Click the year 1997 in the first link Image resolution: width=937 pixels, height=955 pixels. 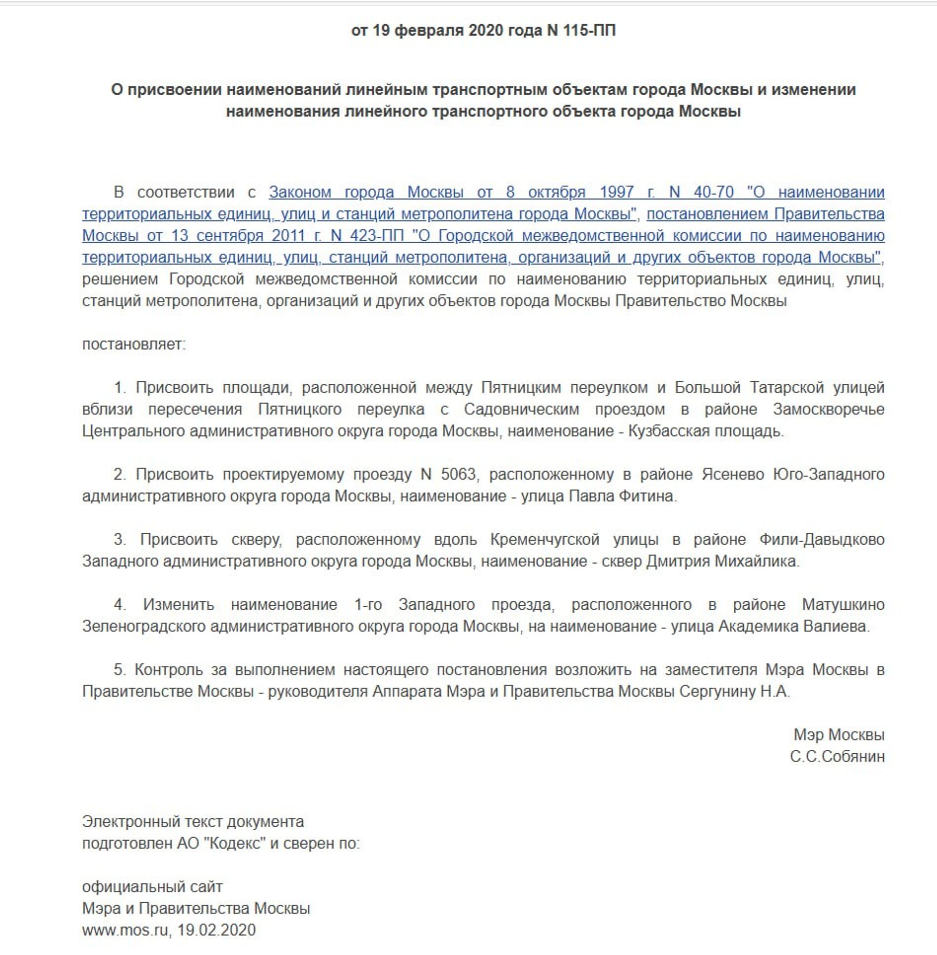click(616, 192)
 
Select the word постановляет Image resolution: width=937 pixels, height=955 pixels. click(134, 344)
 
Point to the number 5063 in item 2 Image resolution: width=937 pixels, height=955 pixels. click(458, 474)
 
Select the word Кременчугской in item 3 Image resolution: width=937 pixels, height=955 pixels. click(545, 539)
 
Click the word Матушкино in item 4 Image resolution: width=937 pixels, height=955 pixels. click(843, 604)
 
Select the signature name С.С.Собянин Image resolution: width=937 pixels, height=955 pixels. click(837, 756)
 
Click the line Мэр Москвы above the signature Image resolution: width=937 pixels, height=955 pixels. click(838, 735)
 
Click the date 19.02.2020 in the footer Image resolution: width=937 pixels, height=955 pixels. click(216, 930)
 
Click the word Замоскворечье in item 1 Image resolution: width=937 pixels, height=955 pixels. click(829, 409)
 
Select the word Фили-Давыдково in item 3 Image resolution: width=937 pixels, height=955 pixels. click(822, 539)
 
